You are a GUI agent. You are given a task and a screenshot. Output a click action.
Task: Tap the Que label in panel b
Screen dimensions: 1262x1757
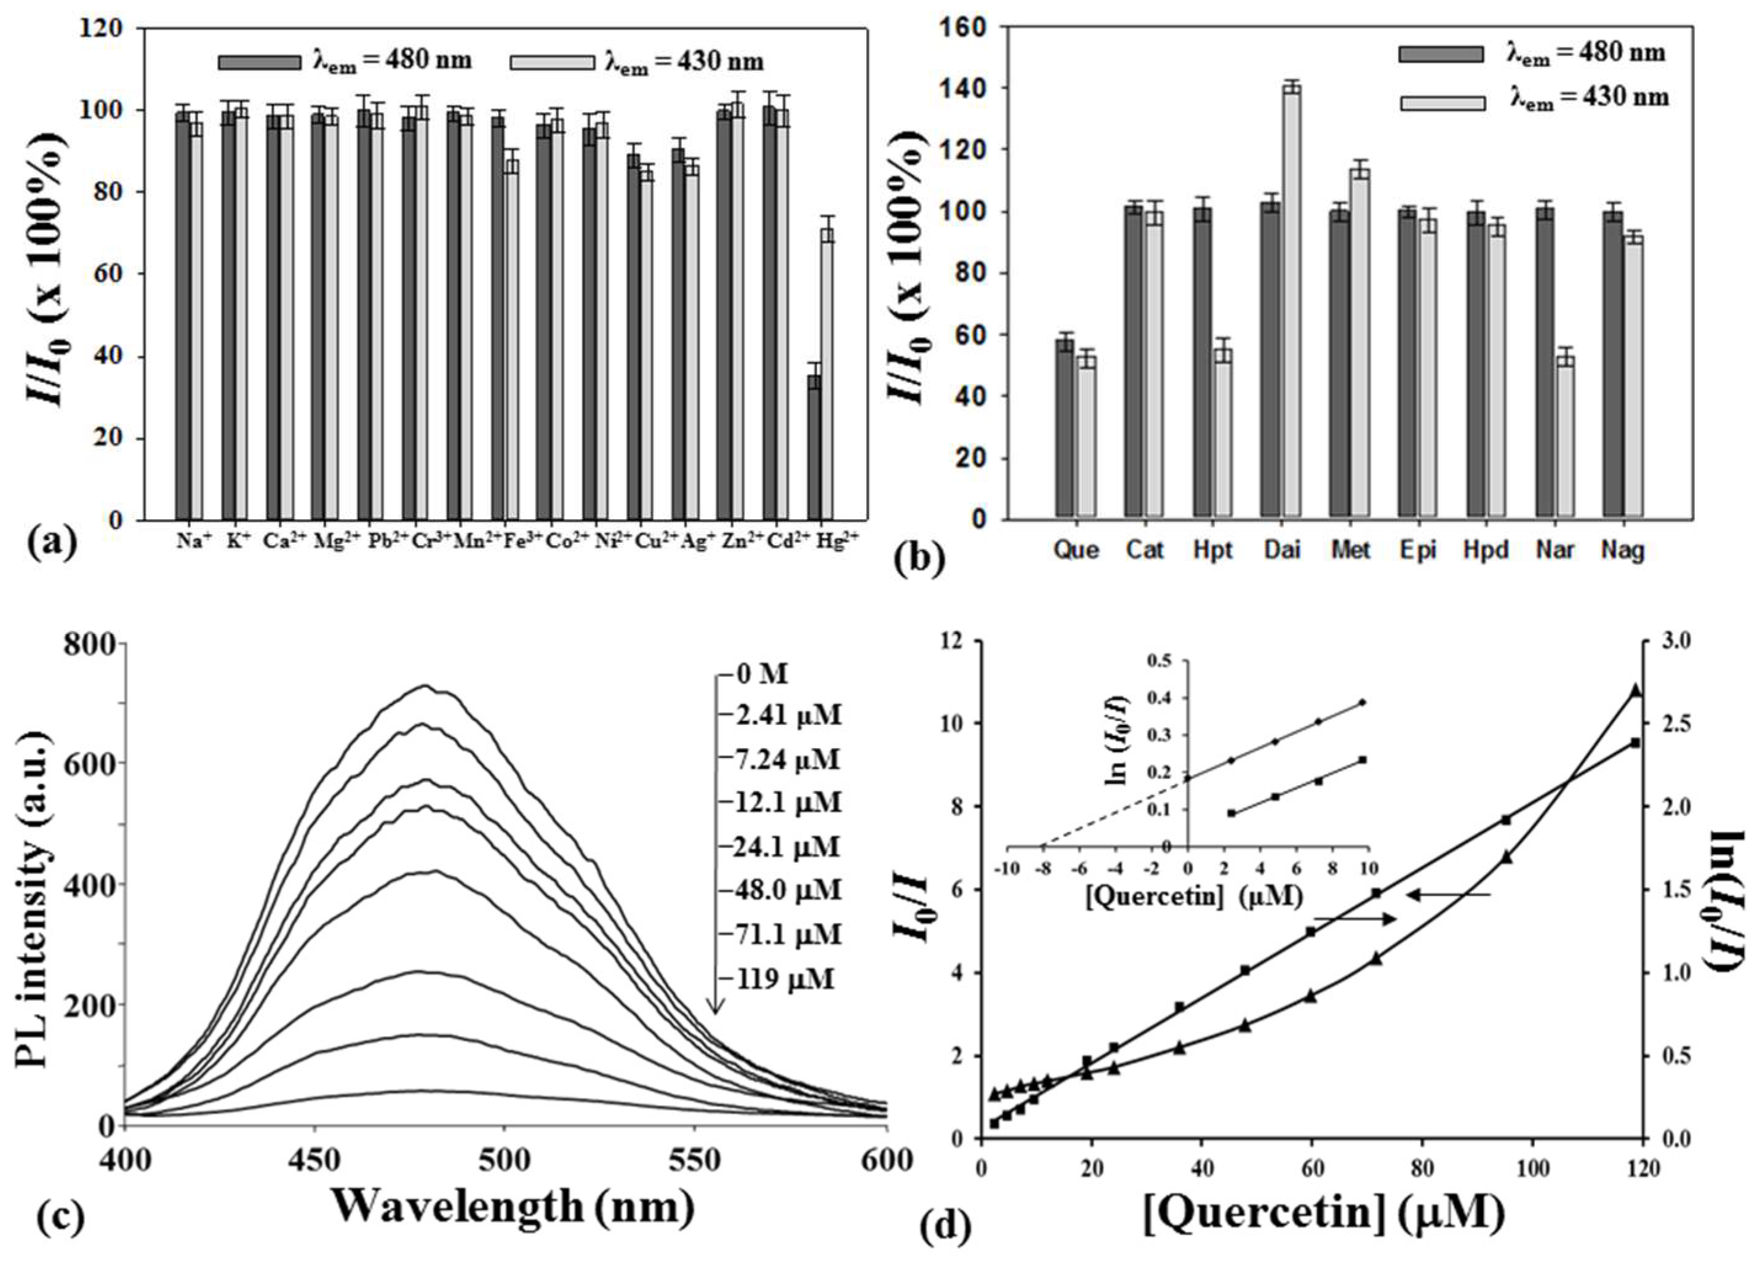pos(1076,550)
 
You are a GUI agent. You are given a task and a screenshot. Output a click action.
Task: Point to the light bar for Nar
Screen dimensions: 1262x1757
pos(1566,437)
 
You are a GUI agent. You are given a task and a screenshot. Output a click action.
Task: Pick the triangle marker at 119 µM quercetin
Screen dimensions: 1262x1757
pos(1652,690)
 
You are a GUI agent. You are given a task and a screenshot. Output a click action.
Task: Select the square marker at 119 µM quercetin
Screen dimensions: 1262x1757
pos(1651,743)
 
